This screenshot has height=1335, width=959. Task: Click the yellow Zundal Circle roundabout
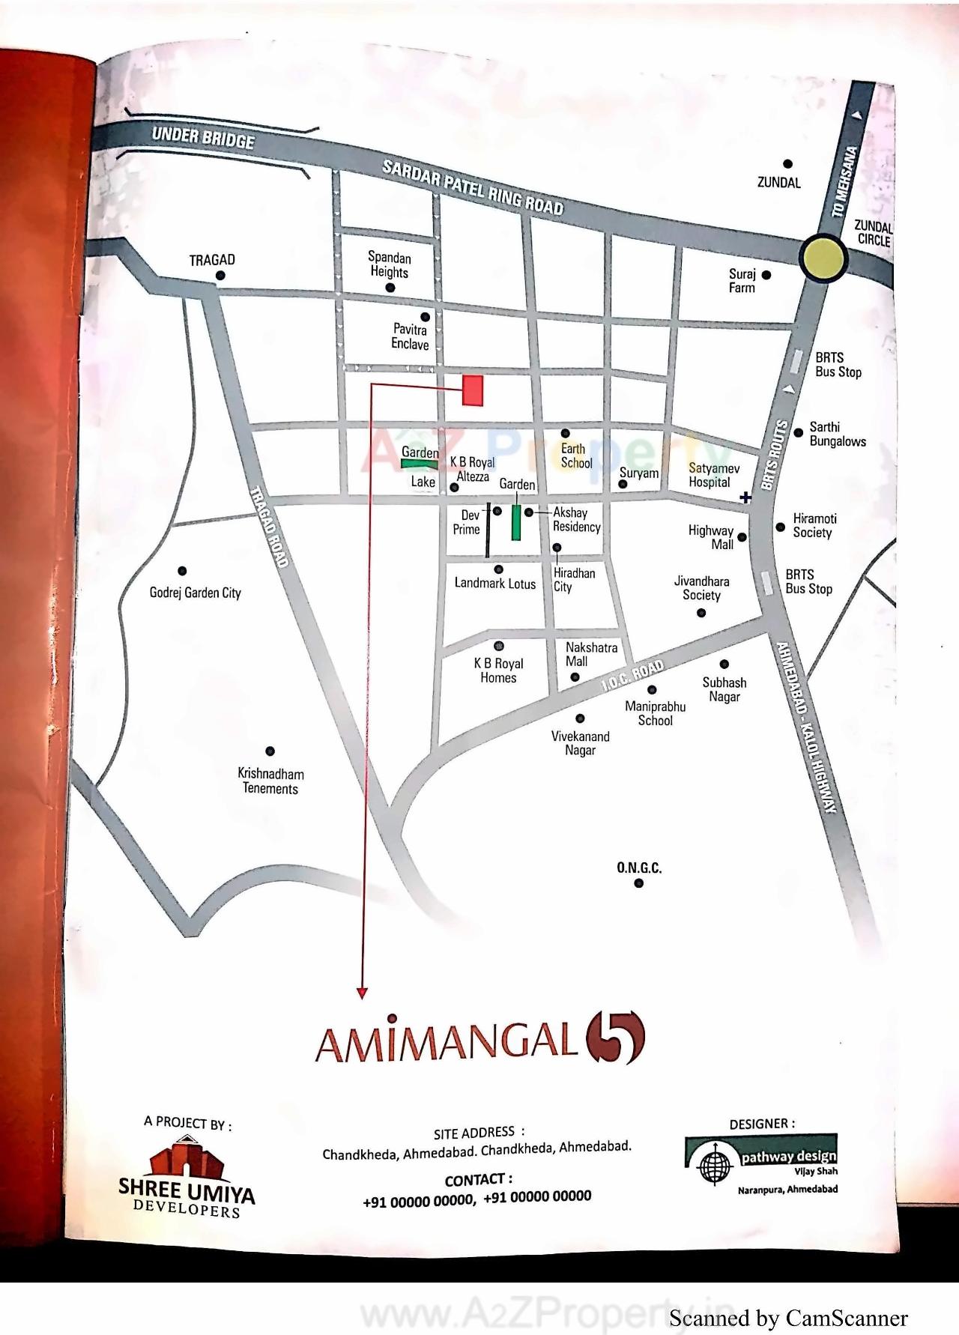pyautogui.click(x=823, y=258)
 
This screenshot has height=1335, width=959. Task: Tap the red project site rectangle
pyautogui.click(x=472, y=390)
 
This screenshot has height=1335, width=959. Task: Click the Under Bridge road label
pyautogui.click(x=203, y=138)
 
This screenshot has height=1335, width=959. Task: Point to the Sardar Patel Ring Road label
pyautogui.click(x=473, y=187)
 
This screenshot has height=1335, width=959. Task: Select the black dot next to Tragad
pyautogui.click(x=220, y=276)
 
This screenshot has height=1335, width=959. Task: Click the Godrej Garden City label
pyautogui.click(x=196, y=593)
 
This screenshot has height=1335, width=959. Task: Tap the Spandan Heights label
pyautogui.click(x=390, y=264)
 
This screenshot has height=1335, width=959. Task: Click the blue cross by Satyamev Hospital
pyautogui.click(x=745, y=497)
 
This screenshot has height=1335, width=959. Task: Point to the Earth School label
pyautogui.click(x=576, y=455)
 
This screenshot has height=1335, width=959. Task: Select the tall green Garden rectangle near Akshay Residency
pyautogui.click(x=516, y=522)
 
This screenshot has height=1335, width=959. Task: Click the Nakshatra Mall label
pyautogui.click(x=591, y=654)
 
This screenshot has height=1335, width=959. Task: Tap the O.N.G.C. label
pyautogui.click(x=639, y=868)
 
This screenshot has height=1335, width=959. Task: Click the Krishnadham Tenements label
pyautogui.click(x=270, y=781)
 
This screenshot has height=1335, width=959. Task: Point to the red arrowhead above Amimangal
pyautogui.click(x=362, y=993)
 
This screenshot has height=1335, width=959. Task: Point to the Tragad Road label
pyautogui.click(x=269, y=527)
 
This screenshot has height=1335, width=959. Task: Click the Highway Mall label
pyautogui.click(x=711, y=537)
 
